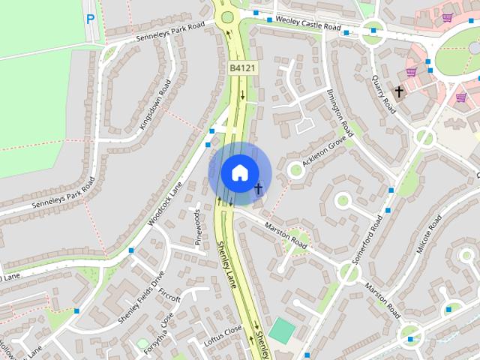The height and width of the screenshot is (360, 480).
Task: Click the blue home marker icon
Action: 238,172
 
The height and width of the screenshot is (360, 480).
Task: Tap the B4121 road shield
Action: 240,68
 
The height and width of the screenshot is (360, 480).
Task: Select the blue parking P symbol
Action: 91,19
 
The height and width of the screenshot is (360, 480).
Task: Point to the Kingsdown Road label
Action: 155,105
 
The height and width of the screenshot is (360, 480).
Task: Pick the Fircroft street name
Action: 170,298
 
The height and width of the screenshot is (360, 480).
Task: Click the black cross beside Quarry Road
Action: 400,91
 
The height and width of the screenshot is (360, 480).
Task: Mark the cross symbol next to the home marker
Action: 258,187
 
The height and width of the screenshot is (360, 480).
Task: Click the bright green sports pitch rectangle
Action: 282,331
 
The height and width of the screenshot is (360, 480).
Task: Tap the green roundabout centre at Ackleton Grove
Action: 295,171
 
